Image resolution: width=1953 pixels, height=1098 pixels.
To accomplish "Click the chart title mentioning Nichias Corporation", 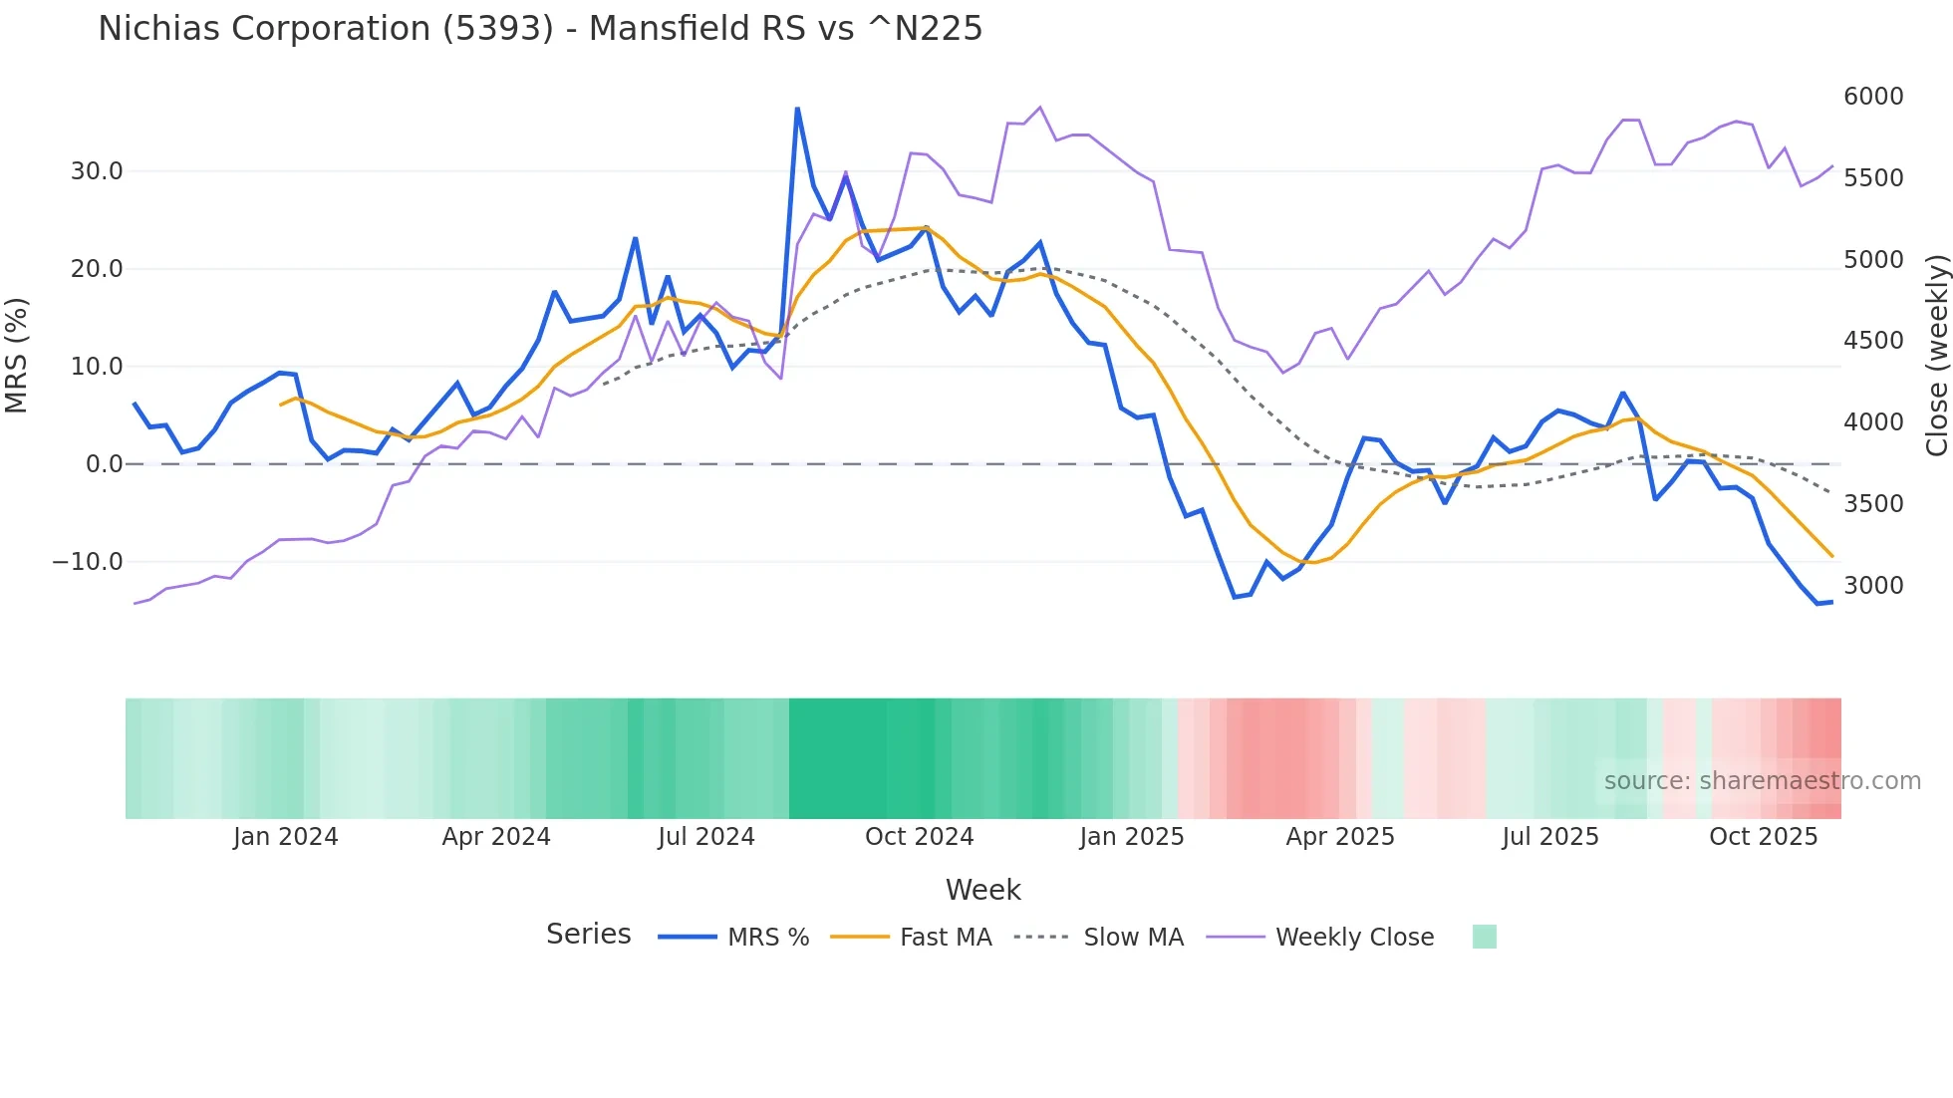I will tap(540, 29).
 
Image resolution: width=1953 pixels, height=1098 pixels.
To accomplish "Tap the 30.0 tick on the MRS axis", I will tap(97, 171).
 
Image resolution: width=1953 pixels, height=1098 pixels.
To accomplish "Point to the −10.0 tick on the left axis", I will tap(88, 562).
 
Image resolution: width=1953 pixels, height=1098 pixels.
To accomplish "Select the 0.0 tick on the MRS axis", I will tap(104, 464).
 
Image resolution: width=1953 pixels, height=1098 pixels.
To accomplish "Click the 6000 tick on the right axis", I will tap(1873, 97).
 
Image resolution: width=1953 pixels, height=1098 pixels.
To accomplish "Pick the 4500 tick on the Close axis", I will tap(1873, 341).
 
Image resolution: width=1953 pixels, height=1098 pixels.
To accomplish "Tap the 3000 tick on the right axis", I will tap(1873, 586).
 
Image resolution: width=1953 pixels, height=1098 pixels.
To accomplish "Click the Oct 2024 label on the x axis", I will tap(919, 837).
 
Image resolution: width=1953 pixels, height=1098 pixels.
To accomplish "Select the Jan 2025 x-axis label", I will tap(1131, 837).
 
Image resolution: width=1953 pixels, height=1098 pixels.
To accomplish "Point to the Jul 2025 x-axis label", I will tap(1549, 837).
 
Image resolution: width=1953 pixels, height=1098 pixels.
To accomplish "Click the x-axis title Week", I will tap(982, 890).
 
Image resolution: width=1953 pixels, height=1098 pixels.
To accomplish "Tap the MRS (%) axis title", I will tap(17, 356).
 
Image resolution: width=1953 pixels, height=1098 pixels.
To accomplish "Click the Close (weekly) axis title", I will tap(1936, 356).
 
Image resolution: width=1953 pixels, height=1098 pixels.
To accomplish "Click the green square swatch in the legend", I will tap(1484, 937).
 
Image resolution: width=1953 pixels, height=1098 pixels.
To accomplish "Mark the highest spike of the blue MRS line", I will tap(797, 109).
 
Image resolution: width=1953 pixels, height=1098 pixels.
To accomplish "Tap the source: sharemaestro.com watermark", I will tap(1762, 781).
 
